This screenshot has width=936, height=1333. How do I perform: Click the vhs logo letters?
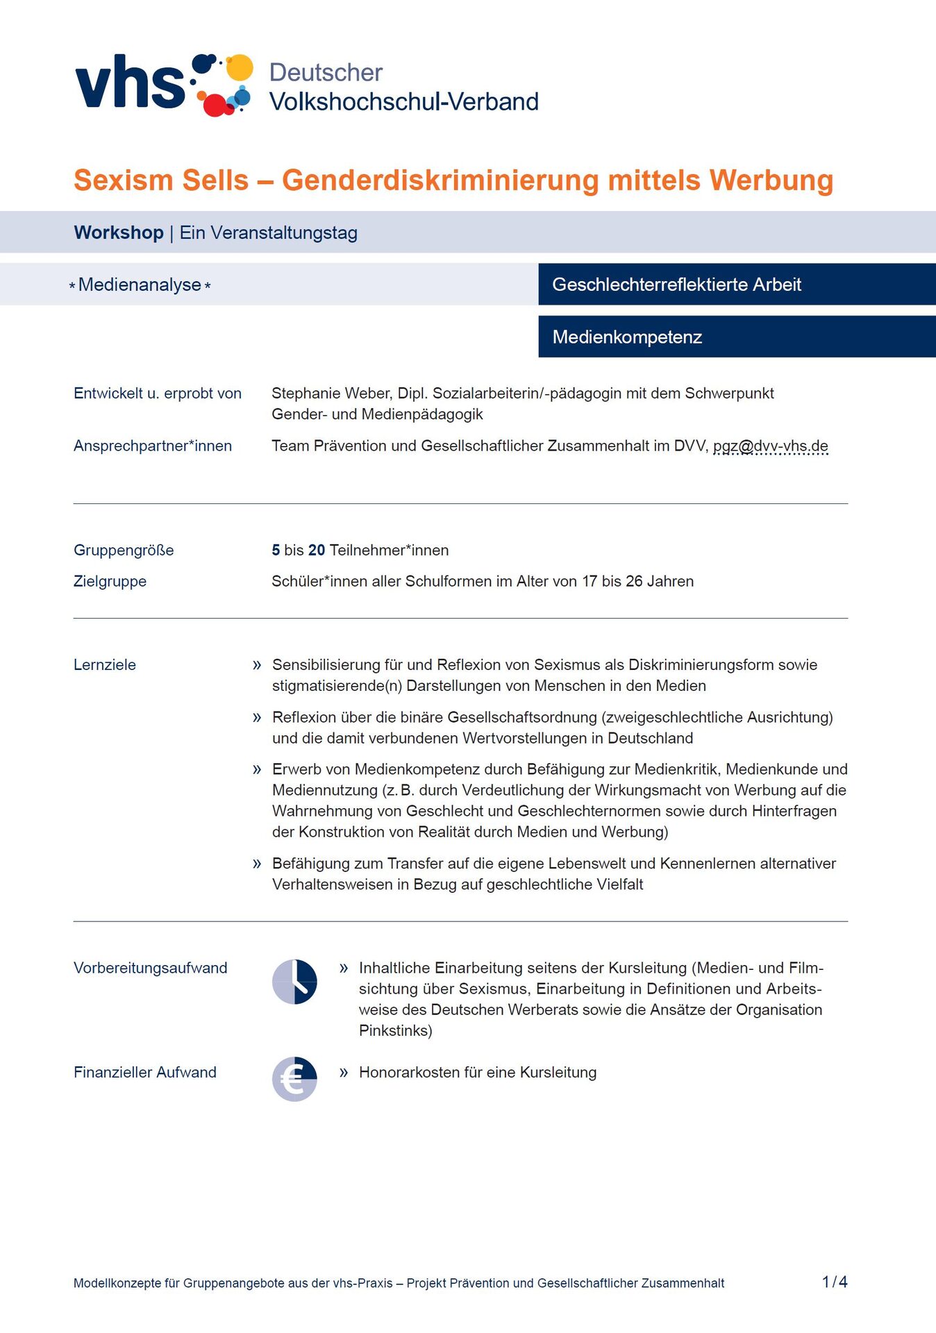(130, 83)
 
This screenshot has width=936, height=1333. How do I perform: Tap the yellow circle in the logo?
(240, 67)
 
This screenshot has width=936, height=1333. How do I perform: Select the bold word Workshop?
(119, 233)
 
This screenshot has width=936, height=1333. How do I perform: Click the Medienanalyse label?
(140, 285)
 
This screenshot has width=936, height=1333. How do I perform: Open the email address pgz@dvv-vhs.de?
(770, 446)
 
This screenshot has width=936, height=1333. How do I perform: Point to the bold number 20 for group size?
(317, 551)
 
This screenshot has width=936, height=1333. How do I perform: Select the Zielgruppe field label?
(110, 582)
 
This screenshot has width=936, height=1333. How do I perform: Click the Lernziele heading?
(105, 665)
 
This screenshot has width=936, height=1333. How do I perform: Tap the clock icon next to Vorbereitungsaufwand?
(294, 982)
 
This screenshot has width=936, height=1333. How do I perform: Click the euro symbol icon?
(294, 1079)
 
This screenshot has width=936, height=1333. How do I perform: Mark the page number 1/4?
(834, 1282)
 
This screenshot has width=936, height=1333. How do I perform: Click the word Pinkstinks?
(395, 1031)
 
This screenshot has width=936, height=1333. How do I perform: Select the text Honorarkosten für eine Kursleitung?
(477, 1073)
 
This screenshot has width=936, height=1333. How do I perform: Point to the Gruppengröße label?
(124, 551)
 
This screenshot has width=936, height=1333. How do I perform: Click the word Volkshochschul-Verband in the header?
(403, 102)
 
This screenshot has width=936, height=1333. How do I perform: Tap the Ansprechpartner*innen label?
(153, 446)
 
